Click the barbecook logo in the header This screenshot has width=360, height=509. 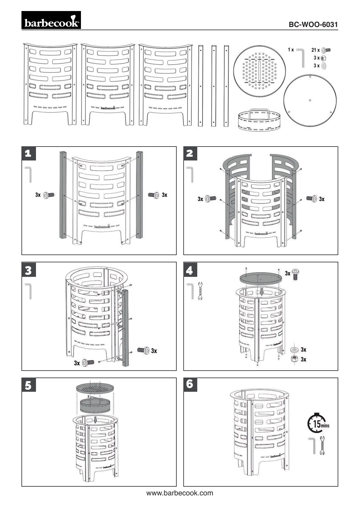51,20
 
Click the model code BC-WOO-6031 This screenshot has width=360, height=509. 313,25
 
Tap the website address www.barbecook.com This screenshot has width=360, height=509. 180,493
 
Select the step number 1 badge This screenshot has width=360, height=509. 28,153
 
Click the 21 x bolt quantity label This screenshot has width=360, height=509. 315,50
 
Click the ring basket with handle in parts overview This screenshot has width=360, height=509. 259,119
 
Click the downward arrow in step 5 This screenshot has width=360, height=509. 95,420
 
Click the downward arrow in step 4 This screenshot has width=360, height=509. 262,291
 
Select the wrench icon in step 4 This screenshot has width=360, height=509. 200,291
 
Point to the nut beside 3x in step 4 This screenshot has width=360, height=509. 294,359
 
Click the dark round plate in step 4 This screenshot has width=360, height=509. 260,278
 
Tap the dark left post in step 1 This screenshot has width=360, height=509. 63,194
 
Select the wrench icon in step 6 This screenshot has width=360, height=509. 322,445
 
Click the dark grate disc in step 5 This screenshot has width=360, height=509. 95,388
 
